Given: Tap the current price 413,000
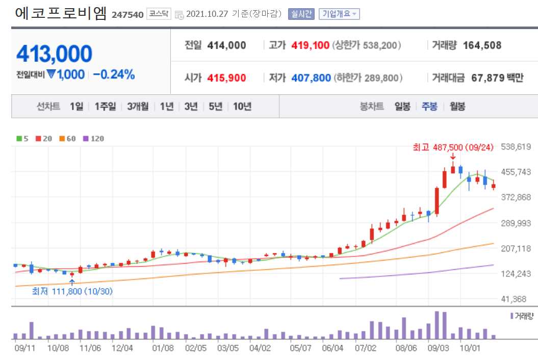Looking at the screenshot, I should (55, 54).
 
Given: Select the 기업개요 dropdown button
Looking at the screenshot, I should (339, 14).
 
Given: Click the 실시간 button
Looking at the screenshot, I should (301, 14).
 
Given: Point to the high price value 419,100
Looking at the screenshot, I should (310, 45).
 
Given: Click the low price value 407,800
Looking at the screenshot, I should (311, 78).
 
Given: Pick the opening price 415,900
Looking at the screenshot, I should (226, 78).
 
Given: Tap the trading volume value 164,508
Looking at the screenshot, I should (482, 45).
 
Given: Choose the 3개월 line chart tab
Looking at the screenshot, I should (138, 107).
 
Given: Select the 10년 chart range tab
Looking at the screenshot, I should (242, 107).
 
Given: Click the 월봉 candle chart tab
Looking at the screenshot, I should (457, 107).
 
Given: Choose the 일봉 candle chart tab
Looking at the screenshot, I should (402, 107).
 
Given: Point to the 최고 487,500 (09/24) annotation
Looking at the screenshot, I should (453, 147).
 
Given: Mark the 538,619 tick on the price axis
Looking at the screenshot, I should (517, 147).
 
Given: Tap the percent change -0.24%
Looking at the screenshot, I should (114, 74).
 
